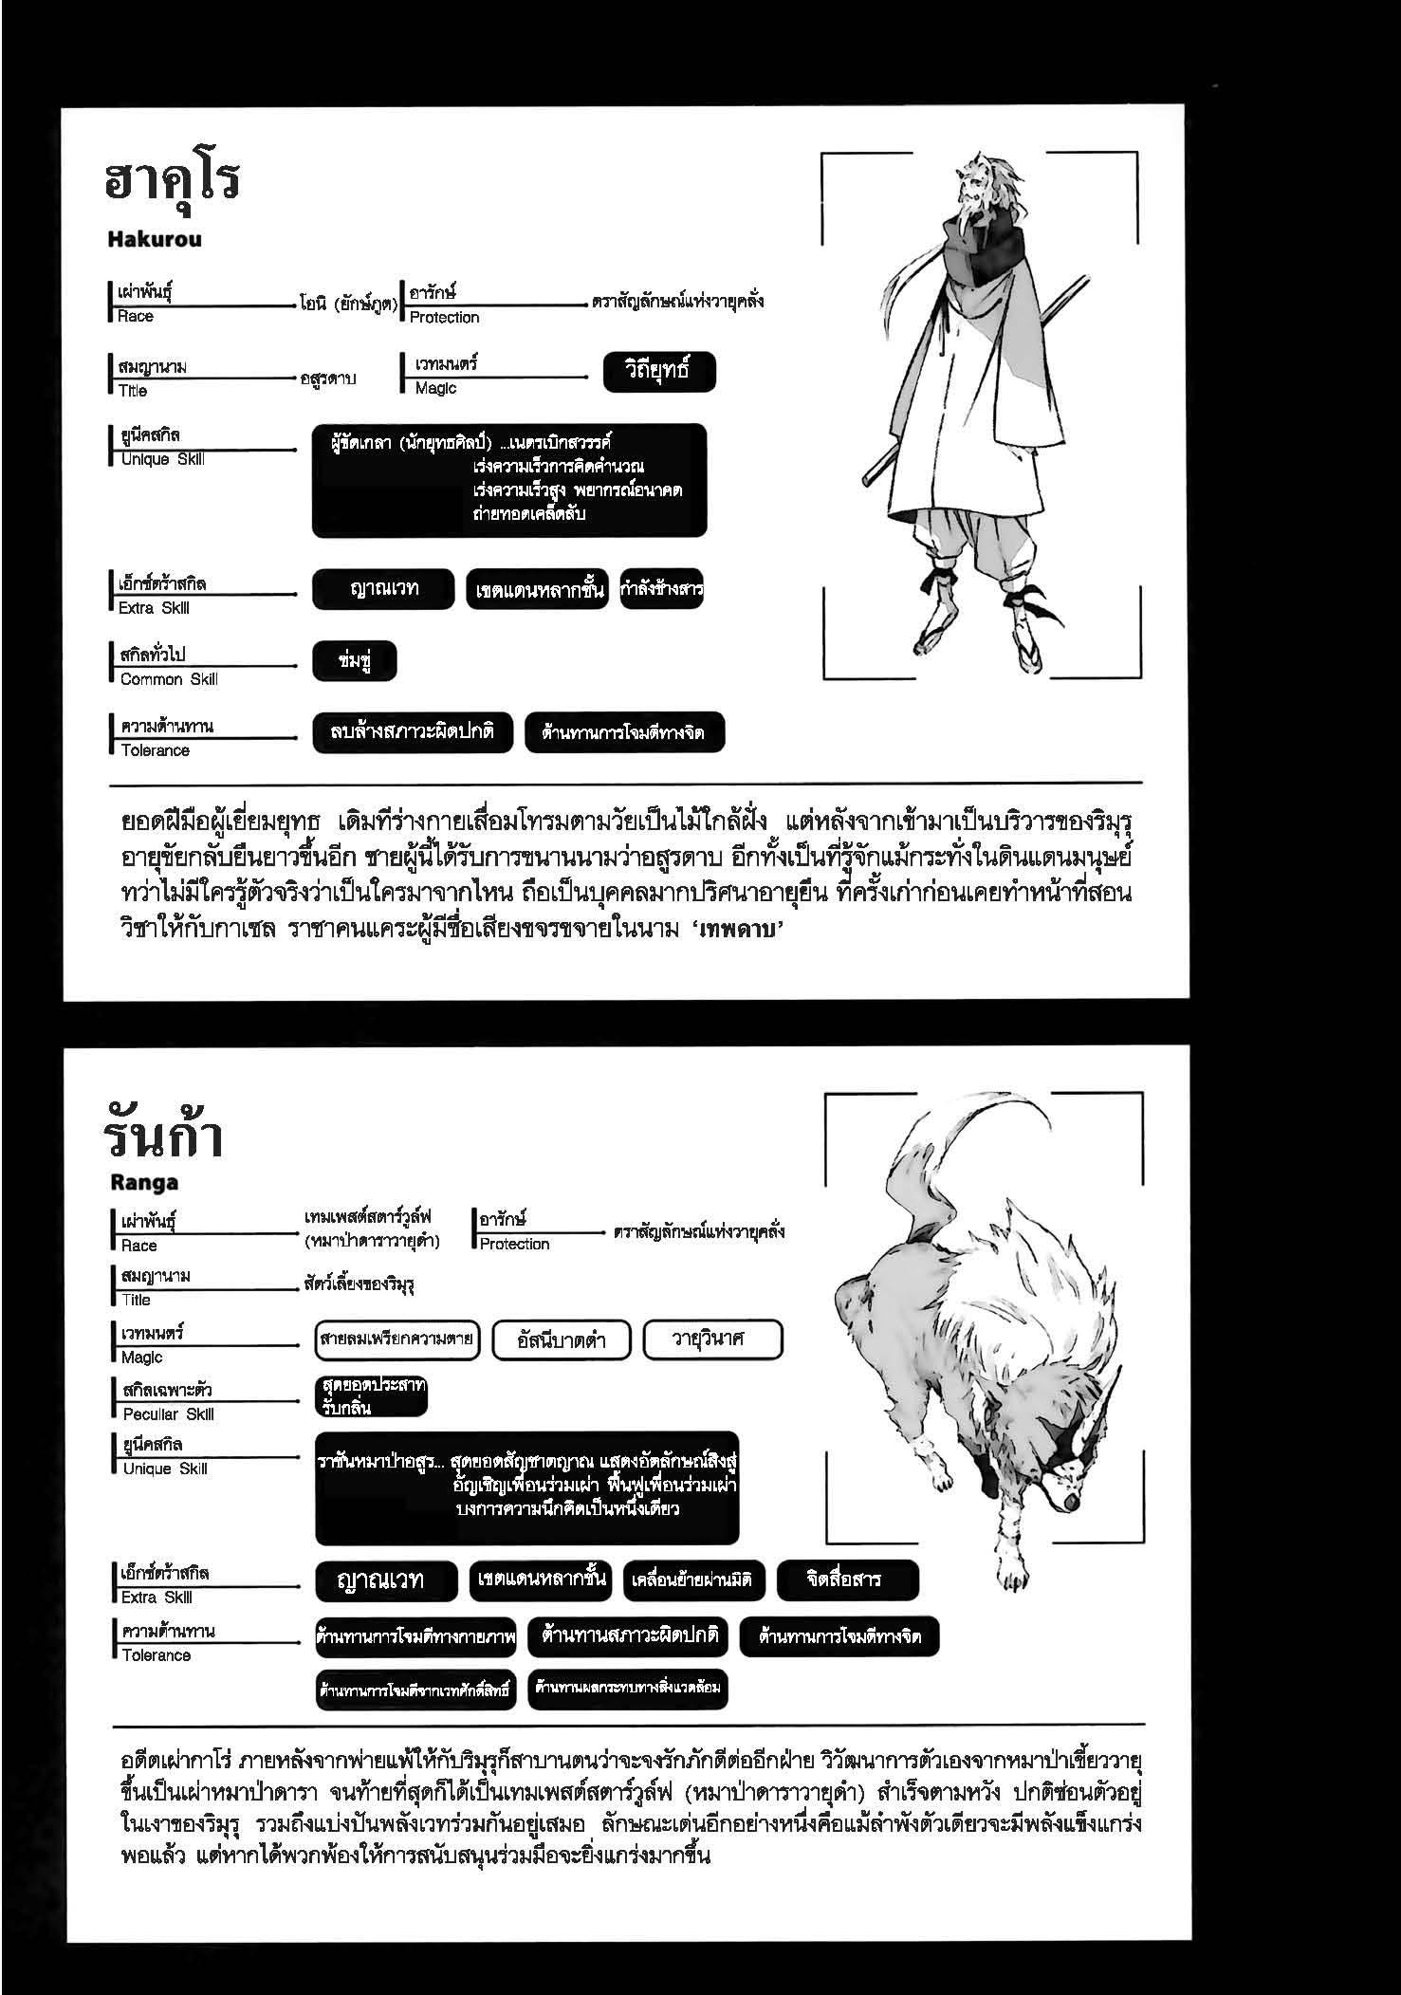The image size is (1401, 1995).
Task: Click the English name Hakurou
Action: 155,239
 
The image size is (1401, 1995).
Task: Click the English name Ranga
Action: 143,1182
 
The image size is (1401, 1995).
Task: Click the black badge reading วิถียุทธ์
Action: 658,372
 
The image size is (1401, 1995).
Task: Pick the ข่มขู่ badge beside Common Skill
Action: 354,661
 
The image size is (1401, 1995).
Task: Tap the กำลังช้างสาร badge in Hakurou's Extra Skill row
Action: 661,589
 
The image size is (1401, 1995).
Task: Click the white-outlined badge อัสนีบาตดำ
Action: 562,1340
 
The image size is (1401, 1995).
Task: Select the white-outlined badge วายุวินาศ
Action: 712,1339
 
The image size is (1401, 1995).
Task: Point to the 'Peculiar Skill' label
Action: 168,1413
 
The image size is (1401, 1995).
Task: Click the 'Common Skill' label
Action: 168,679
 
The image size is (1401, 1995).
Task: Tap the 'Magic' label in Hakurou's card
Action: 435,388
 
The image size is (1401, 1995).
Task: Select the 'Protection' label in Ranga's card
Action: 514,1244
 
